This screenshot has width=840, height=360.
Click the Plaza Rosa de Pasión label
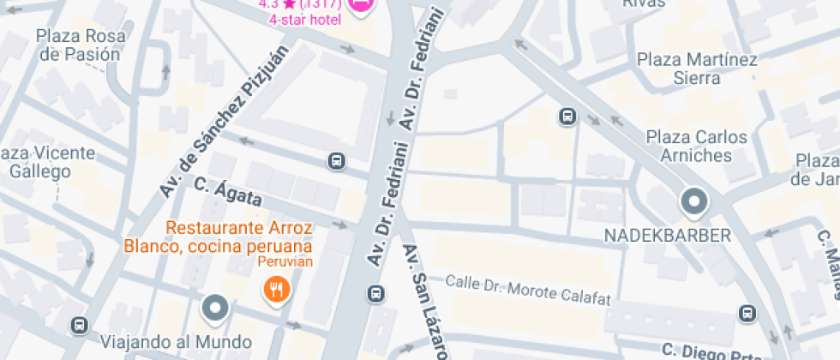[80, 45]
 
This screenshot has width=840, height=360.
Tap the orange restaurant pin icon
[276, 289]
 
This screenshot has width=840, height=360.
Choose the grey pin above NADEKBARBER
[693, 203]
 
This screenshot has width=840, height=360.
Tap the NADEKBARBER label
[668, 235]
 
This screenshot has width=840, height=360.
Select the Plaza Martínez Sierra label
[697, 69]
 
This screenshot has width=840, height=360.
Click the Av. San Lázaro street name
[423, 299]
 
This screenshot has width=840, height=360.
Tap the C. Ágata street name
[228, 192]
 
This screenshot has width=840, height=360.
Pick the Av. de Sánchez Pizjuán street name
[225, 120]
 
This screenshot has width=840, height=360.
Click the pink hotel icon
[362, 4]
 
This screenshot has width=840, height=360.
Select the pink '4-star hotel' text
[305, 20]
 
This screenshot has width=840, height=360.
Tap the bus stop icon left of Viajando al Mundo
[80, 326]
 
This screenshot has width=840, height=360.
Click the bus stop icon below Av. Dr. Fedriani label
[375, 294]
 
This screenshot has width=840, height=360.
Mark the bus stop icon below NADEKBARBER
[748, 314]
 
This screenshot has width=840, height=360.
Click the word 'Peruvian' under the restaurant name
[286, 261]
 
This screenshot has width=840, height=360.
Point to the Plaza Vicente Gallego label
[47, 162]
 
